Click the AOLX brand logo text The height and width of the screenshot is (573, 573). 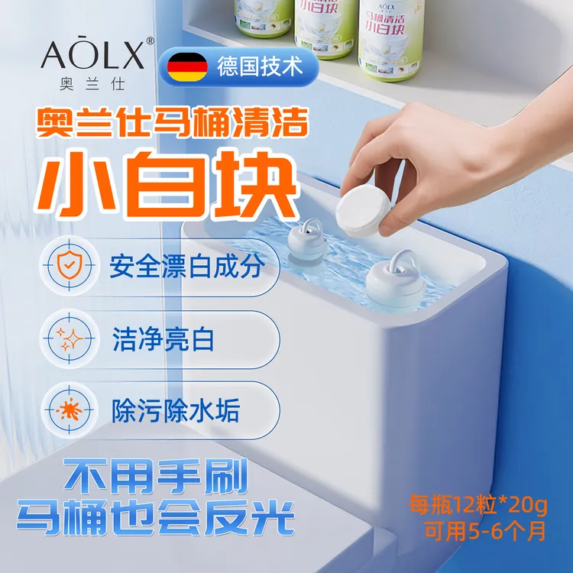(x=91, y=53)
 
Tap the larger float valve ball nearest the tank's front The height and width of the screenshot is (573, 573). (x=395, y=283)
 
